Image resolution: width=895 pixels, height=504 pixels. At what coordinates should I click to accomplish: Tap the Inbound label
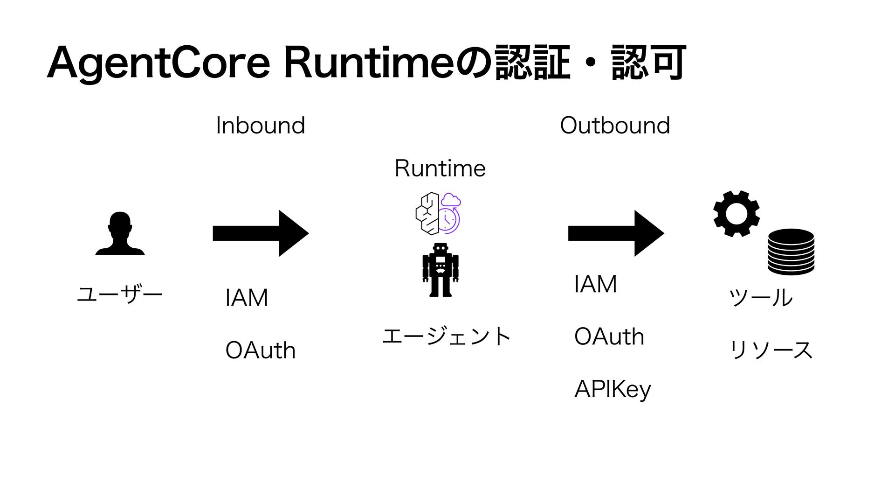coord(261,126)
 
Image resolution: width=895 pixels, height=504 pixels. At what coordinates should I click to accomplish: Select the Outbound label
coord(615,126)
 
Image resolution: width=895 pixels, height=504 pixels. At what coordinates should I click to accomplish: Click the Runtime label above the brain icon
coord(440,168)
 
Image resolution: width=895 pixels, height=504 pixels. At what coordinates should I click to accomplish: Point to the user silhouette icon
coord(120,233)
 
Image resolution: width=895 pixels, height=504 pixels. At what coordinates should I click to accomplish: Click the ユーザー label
coord(119,294)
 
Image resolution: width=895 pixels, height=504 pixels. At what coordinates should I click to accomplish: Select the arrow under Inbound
coord(260,233)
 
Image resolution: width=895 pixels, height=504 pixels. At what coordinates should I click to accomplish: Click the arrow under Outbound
coord(616,233)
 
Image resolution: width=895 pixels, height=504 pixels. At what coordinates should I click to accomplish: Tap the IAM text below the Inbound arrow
coord(247,298)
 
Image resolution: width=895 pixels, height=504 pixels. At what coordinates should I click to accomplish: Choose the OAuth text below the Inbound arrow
coord(260,350)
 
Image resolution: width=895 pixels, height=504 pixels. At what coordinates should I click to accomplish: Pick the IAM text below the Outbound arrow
coord(596,284)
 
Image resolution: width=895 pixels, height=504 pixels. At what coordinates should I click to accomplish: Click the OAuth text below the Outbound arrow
coord(609,336)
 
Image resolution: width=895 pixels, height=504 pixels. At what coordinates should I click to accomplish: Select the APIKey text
coord(613,389)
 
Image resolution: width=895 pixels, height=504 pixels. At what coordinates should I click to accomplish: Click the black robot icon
coord(441,270)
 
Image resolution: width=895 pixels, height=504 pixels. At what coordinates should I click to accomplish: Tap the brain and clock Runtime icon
coord(438,213)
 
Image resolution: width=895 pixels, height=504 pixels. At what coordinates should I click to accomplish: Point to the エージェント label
coord(446,336)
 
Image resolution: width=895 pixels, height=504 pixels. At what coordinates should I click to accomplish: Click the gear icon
coord(737,214)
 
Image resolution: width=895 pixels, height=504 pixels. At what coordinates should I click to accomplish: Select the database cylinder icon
coord(791,252)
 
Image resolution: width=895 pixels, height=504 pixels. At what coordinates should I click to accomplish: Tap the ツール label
coord(760,297)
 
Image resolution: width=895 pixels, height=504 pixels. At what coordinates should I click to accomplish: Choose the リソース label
coord(771,350)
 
